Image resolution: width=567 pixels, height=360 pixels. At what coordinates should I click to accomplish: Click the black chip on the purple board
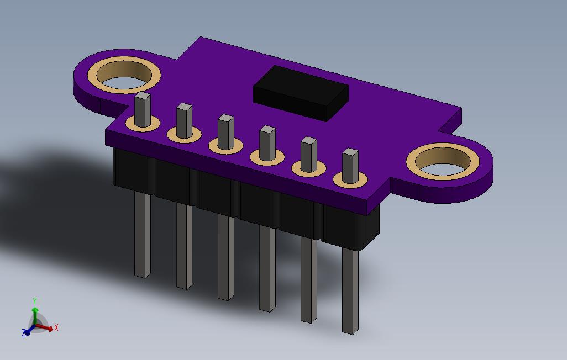(301, 93)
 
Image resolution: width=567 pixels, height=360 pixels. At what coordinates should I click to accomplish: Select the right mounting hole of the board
(443, 161)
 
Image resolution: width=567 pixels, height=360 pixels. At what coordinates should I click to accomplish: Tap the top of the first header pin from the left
(143, 96)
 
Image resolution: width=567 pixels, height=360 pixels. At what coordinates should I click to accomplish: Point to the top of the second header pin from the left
(184, 107)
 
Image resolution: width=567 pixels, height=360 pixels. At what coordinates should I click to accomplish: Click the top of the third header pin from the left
(225, 118)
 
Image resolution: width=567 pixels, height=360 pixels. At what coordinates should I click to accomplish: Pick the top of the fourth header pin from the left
(267, 129)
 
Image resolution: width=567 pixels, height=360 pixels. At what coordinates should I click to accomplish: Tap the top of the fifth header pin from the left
(309, 141)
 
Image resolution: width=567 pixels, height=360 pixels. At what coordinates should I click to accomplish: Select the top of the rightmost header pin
(350, 152)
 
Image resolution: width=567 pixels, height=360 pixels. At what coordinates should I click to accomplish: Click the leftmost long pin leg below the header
(143, 235)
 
